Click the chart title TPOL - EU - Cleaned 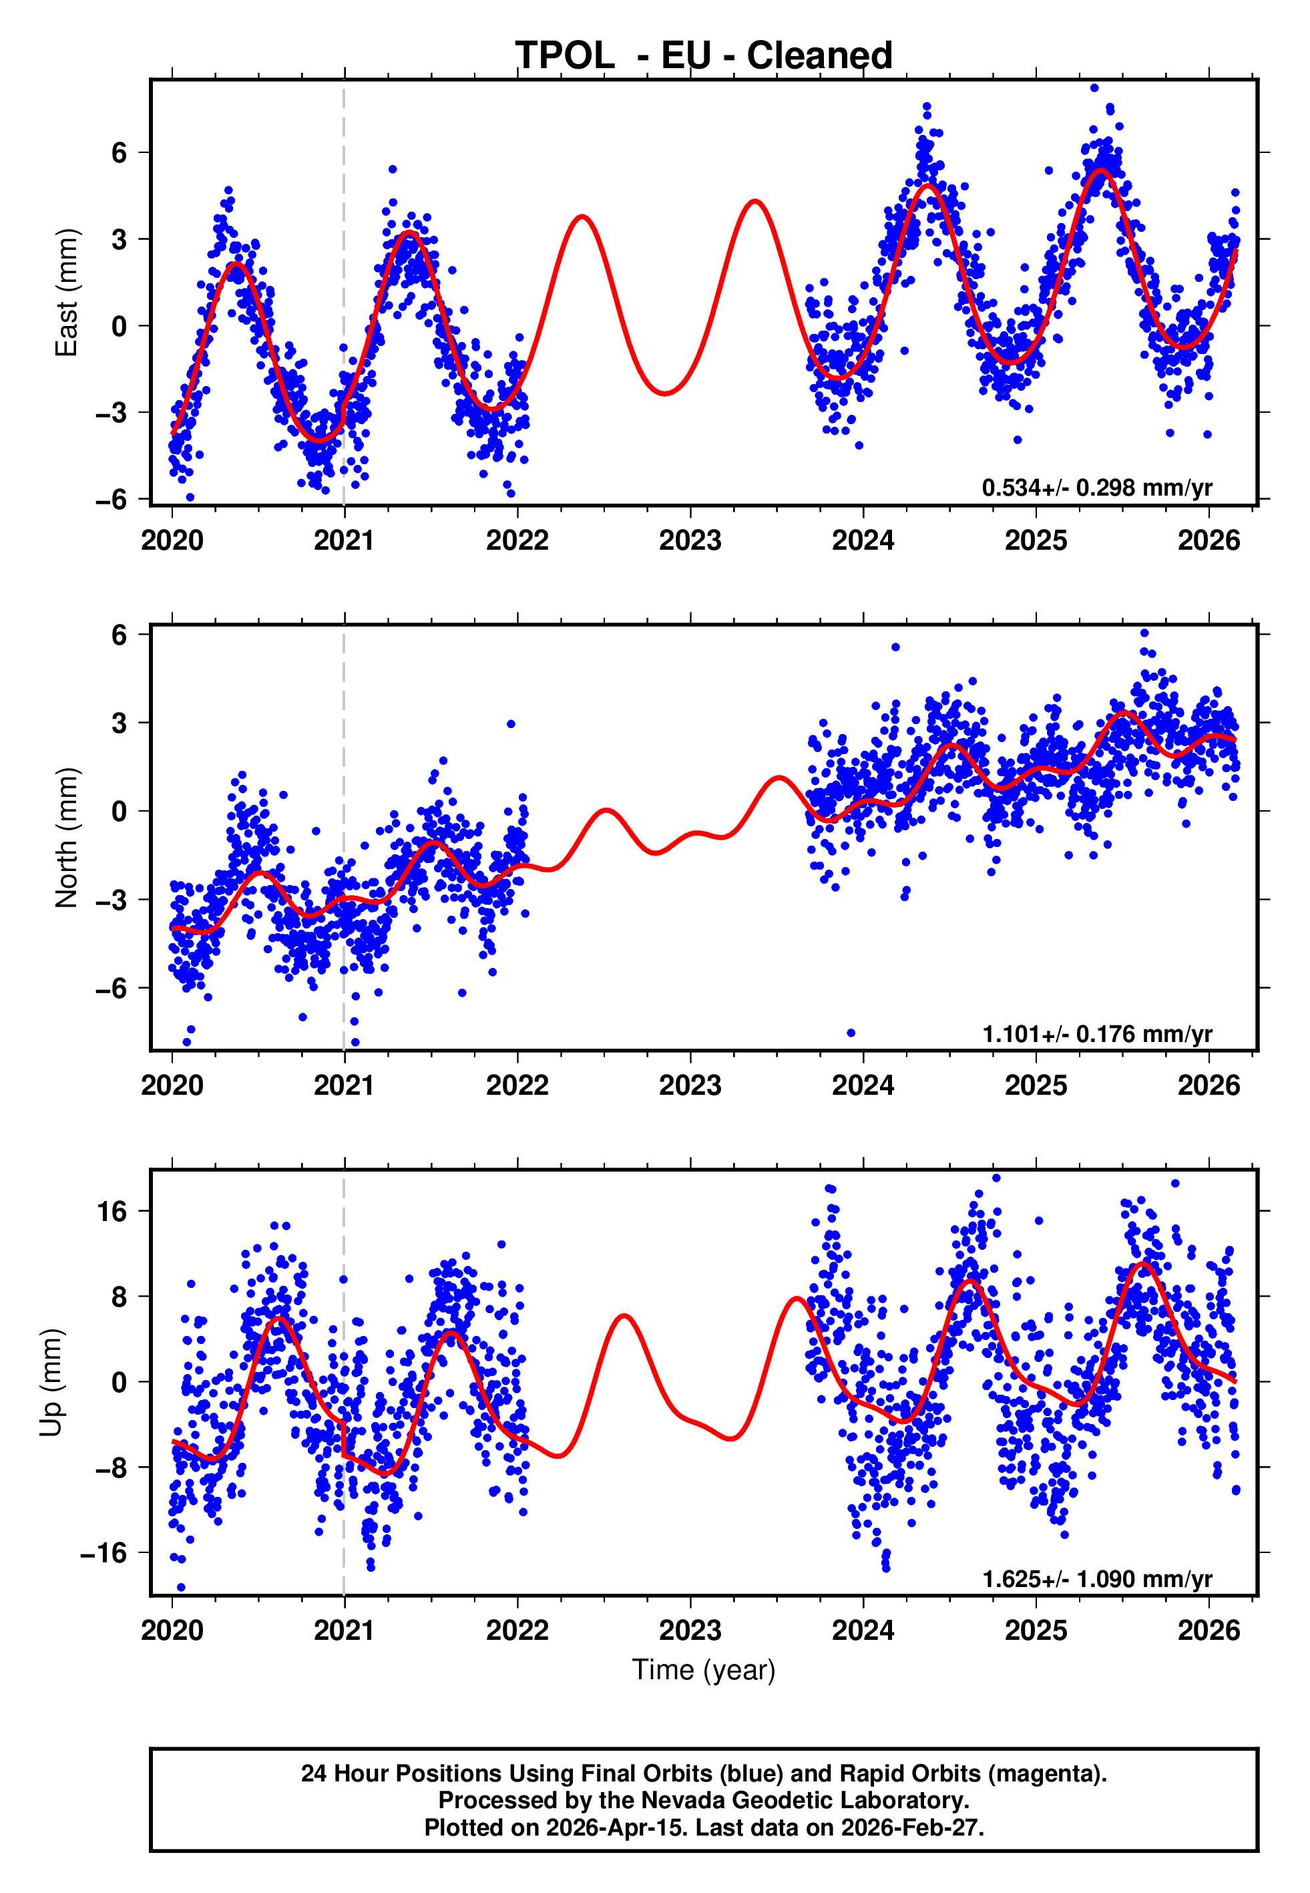point(704,56)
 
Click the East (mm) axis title point(67,293)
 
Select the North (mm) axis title point(67,838)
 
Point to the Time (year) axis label point(704,1670)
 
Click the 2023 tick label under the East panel point(690,540)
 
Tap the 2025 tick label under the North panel point(1036,1085)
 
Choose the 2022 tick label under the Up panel point(517,1630)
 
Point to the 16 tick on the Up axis point(112,1211)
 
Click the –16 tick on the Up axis point(104,1552)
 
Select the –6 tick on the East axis point(112,498)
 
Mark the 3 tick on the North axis point(120,722)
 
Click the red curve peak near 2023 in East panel point(754,201)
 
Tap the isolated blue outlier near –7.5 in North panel point(851,1033)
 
